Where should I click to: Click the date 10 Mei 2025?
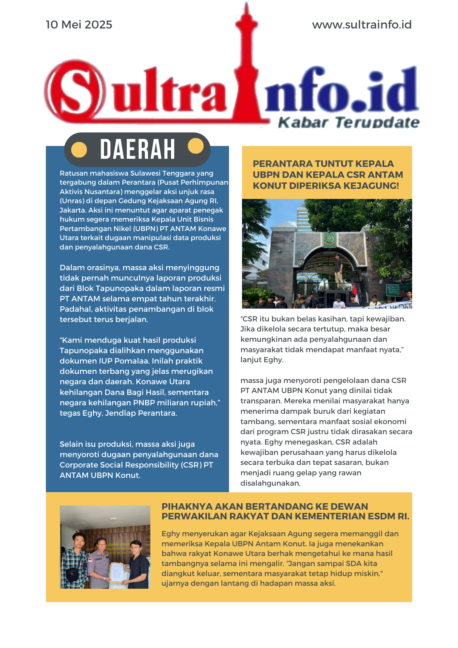[x=79, y=25]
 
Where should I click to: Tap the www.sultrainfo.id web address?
[x=361, y=25]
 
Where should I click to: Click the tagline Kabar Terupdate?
[x=349, y=122]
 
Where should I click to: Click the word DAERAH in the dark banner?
[x=137, y=149]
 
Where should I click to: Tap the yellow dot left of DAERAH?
[x=79, y=150]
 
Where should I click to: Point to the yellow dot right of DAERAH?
[x=196, y=146]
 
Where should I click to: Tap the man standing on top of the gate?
[x=338, y=271]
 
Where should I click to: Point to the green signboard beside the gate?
[x=394, y=290]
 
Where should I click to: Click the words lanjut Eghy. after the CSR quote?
[x=262, y=360]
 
